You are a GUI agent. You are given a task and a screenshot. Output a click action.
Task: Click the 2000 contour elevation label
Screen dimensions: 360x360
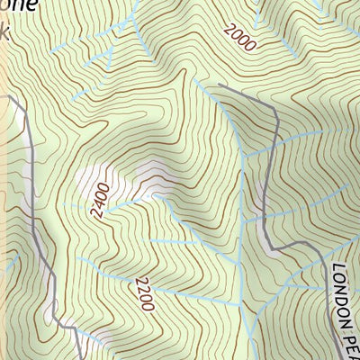240,36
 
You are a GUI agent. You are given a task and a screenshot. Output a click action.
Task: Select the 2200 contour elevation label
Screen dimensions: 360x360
142,293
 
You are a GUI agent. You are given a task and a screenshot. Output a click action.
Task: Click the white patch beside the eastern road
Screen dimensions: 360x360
262,193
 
